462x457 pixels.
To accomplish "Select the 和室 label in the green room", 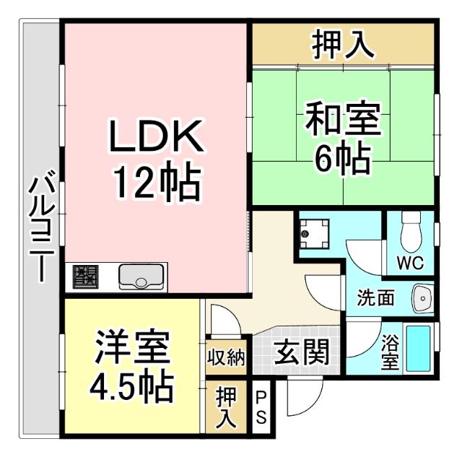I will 342,118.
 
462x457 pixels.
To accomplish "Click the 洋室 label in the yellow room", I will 132,349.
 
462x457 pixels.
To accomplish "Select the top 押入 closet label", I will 343,45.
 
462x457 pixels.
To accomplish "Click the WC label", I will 410,261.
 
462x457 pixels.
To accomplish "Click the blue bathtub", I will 418,348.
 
